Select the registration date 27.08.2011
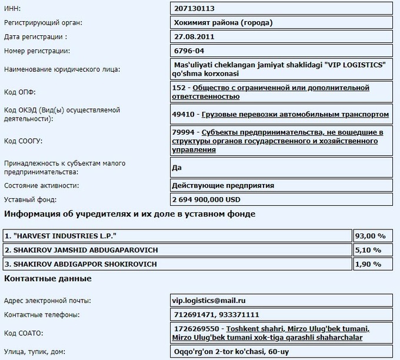[x=194, y=37]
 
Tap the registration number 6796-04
[x=189, y=51]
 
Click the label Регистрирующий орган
[x=43, y=23]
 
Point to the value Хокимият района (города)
[x=224, y=23]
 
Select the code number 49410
[x=186, y=114]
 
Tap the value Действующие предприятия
[x=223, y=185]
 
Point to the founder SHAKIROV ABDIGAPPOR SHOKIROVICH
[x=81, y=264]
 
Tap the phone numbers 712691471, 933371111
[x=216, y=315]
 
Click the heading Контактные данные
[x=48, y=278]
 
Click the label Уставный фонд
[x=30, y=199]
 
